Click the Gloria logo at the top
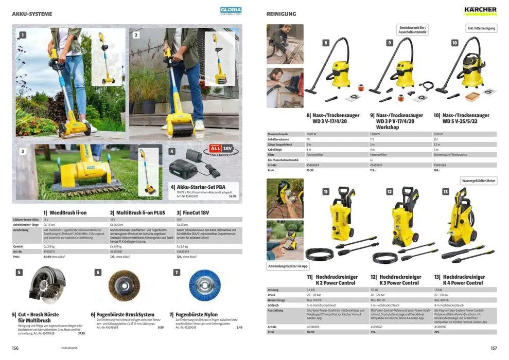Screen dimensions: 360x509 click(x=231, y=10)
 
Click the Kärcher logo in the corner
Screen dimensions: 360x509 click(x=480, y=10)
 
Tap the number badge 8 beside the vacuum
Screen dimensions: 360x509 click(x=326, y=43)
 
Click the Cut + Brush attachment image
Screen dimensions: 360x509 click(x=47, y=285)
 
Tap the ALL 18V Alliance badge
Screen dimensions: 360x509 click(x=221, y=151)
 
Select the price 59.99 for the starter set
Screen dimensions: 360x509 click(x=233, y=196)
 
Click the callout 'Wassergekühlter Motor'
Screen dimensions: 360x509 click(x=479, y=181)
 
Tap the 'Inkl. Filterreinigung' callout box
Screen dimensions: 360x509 click(x=481, y=28)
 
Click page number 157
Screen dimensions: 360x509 click(x=494, y=348)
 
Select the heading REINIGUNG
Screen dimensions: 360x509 click(x=281, y=14)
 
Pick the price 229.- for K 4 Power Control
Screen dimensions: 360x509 click(x=437, y=332)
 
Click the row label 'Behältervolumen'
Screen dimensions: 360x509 click(x=278, y=139)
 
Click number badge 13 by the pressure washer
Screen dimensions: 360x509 click(x=445, y=191)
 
